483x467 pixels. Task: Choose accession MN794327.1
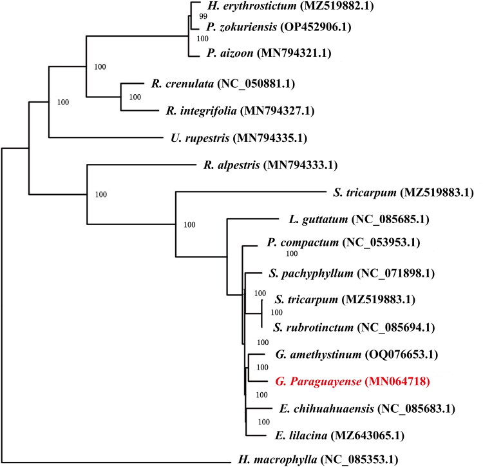(x=277, y=111)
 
